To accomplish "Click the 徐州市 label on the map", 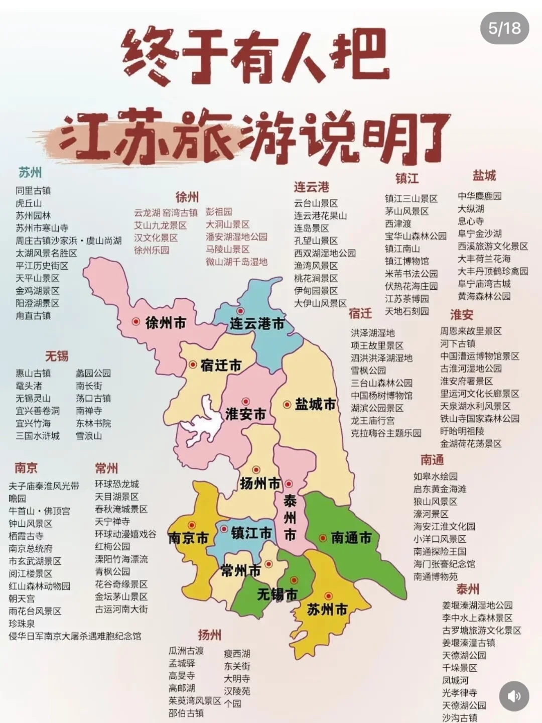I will [166, 323].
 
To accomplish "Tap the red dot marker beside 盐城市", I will [287, 404].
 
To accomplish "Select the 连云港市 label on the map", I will [257, 324].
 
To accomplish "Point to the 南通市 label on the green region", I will [351, 538].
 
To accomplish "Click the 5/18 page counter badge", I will [504, 28].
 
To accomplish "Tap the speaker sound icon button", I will [514, 696].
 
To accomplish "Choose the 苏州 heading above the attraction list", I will [30, 173].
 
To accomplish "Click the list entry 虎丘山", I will [29, 203].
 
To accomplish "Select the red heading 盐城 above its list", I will [484, 176].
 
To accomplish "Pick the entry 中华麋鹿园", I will [479, 196].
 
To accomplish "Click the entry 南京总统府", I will [31, 549].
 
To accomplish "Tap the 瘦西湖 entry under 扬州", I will [237, 654].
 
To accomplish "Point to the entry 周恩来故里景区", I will [471, 331].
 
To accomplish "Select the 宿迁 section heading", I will [360, 314].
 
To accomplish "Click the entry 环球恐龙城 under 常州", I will [117, 485].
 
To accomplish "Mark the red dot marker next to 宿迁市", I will [193, 365].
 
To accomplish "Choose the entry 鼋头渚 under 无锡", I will [29, 386].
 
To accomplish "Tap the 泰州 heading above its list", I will [467, 589].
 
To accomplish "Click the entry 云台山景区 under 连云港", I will [316, 203].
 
